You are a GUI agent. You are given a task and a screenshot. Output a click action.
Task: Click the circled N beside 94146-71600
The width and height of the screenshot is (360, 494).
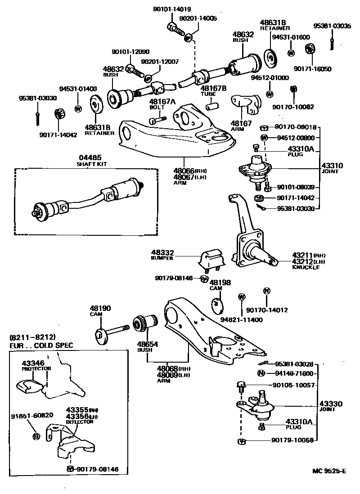(261, 373)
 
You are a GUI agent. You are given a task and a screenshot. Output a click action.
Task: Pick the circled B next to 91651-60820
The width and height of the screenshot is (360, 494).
(36, 436)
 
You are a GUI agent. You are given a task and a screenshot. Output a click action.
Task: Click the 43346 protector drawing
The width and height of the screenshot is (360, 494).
(29, 386)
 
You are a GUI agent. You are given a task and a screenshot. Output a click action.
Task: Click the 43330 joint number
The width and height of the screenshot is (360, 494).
(331, 404)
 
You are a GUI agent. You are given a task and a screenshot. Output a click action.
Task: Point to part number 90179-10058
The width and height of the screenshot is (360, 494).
(292, 440)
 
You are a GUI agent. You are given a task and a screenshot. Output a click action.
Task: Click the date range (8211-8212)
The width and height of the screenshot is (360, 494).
(32, 337)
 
